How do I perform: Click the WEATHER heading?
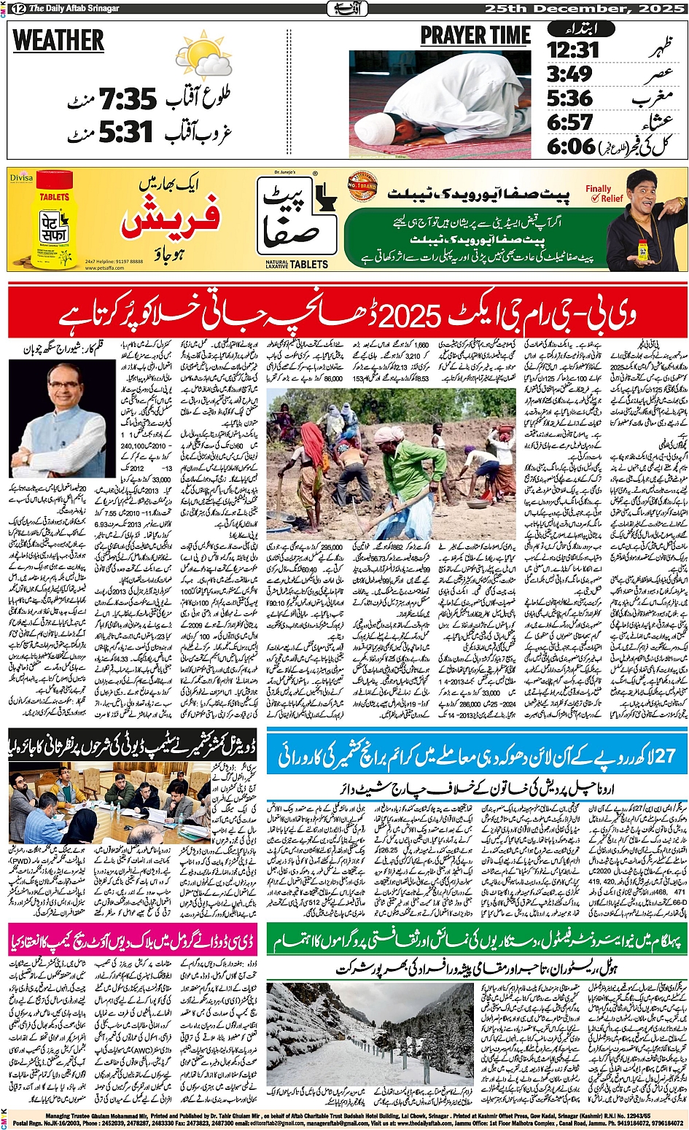pos(58,41)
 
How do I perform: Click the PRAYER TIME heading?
pos(475,36)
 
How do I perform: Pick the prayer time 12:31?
pos(573,50)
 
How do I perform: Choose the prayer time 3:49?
pos(570,74)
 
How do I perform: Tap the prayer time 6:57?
pos(570,121)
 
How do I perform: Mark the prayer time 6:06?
pos(572,145)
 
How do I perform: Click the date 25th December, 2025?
pos(586,8)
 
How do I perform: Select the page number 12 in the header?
pos(17,8)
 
